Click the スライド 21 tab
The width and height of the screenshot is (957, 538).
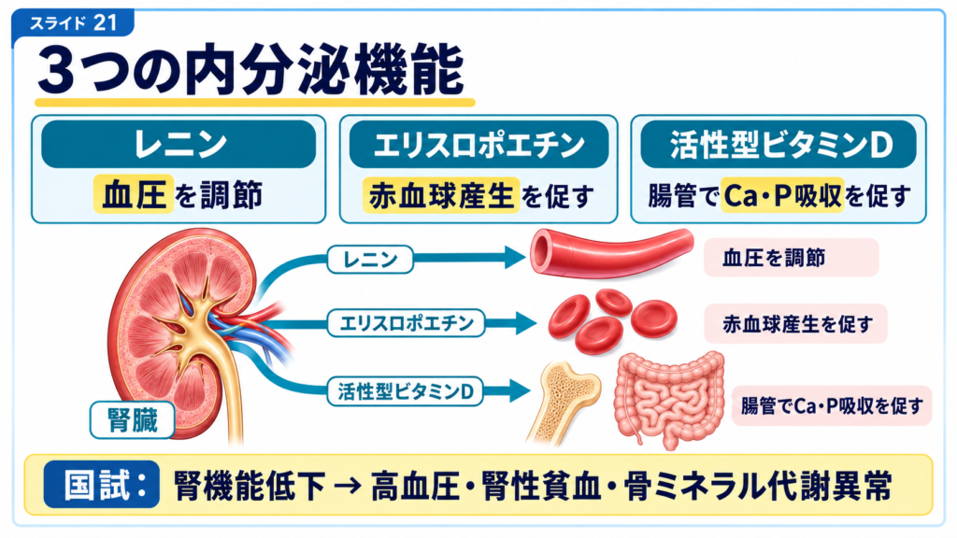click(73, 23)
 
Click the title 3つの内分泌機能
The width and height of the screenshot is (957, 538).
click(250, 71)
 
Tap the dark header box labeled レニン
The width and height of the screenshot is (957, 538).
click(179, 144)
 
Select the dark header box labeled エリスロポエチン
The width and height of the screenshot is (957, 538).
click(479, 144)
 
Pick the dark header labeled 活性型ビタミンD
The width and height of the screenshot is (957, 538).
click(778, 144)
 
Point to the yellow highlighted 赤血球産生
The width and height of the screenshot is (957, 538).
click(441, 195)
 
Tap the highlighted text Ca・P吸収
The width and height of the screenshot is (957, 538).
click(782, 195)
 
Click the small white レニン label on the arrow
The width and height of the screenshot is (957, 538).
click(370, 259)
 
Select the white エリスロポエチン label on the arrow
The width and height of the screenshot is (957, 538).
click(407, 322)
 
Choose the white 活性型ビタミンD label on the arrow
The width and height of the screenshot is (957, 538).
click(406, 391)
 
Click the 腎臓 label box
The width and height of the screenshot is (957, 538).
click(133, 419)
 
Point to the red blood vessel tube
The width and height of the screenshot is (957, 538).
click(611, 253)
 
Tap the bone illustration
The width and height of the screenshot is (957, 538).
click(563, 403)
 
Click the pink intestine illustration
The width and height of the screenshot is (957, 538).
click(669, 400)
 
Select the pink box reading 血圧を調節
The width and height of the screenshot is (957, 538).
click(791, 258)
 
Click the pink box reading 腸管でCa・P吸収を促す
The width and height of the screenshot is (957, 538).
click(831, 405)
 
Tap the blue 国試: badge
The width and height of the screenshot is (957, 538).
click(102, 485)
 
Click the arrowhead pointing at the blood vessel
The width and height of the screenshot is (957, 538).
click(515, 258)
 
